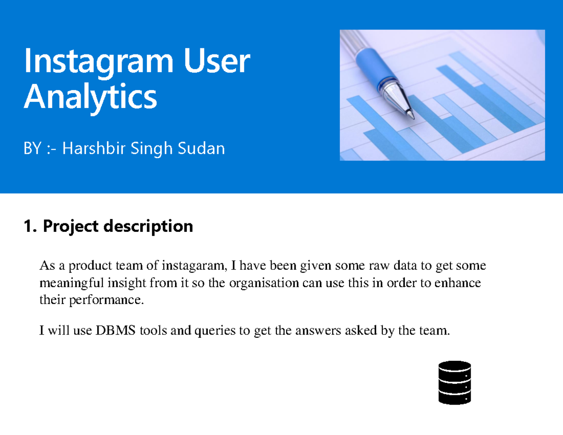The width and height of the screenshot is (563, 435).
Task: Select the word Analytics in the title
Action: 90,97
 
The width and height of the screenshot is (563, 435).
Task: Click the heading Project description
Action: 118,226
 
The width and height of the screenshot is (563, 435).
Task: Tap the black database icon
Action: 454,382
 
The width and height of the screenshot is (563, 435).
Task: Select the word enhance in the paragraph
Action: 461,283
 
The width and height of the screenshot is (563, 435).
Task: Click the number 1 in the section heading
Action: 29,226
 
